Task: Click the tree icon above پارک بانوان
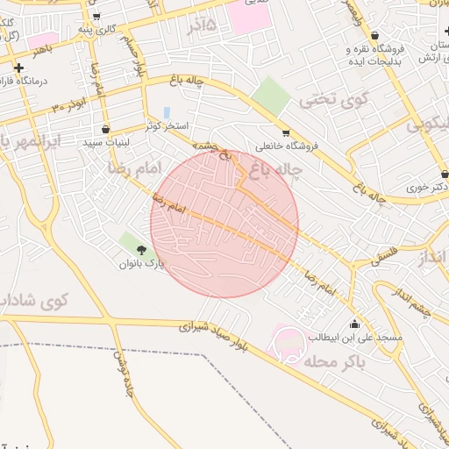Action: (x=141, y=252)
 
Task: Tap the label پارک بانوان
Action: (x=142, y=264)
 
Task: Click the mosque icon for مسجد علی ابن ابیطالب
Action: (x=353, y=323)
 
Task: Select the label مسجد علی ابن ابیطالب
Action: (x=354, y=338)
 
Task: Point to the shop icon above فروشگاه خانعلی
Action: (x=286, y=133)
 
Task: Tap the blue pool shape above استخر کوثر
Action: (x=166, y=113)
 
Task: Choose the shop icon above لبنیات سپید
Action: (x=106, y=129)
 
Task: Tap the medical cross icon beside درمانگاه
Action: (x=18, y=68)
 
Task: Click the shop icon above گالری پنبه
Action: (x=96, y=16)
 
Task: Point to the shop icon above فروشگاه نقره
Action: (x=375, y=36)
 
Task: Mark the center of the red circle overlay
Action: (x=224, y=224)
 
